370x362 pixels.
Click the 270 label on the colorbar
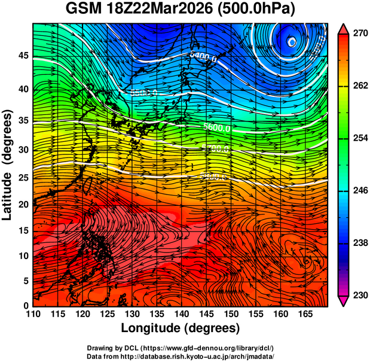359,34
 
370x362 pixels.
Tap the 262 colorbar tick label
359,86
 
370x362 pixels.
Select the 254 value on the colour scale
359,139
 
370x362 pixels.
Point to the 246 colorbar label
359,191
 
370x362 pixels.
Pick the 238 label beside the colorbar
359,244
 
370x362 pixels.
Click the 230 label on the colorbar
359,296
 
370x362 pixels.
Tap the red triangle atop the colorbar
344,29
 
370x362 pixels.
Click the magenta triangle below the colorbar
344,301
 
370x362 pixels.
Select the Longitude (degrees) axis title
181,328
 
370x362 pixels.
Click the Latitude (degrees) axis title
8,165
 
